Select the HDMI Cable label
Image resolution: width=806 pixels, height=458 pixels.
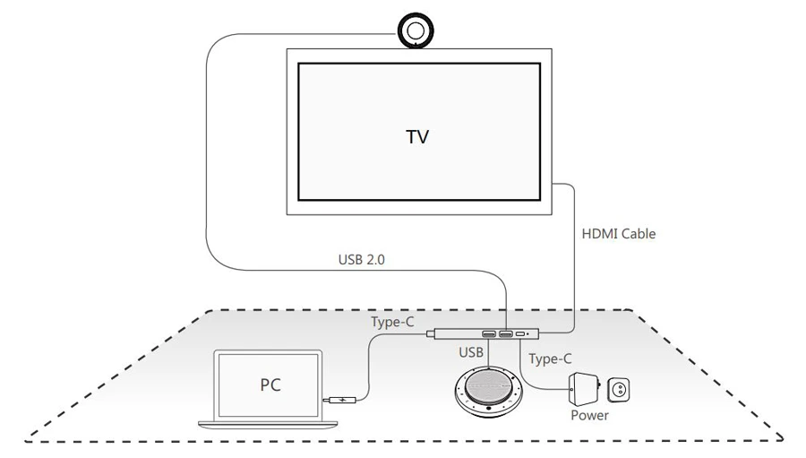pos(619,234)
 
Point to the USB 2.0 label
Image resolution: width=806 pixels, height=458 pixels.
pos(364,261)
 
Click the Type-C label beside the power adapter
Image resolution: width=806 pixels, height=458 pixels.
pos(550,359)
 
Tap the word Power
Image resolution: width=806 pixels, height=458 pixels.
pos(589,415)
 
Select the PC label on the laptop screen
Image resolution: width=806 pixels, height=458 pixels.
pos(270,385)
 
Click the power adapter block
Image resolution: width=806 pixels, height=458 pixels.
pos(583,389)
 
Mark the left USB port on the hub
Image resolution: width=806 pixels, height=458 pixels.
pos(488,335)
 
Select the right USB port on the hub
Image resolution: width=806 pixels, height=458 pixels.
pos(506,335)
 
